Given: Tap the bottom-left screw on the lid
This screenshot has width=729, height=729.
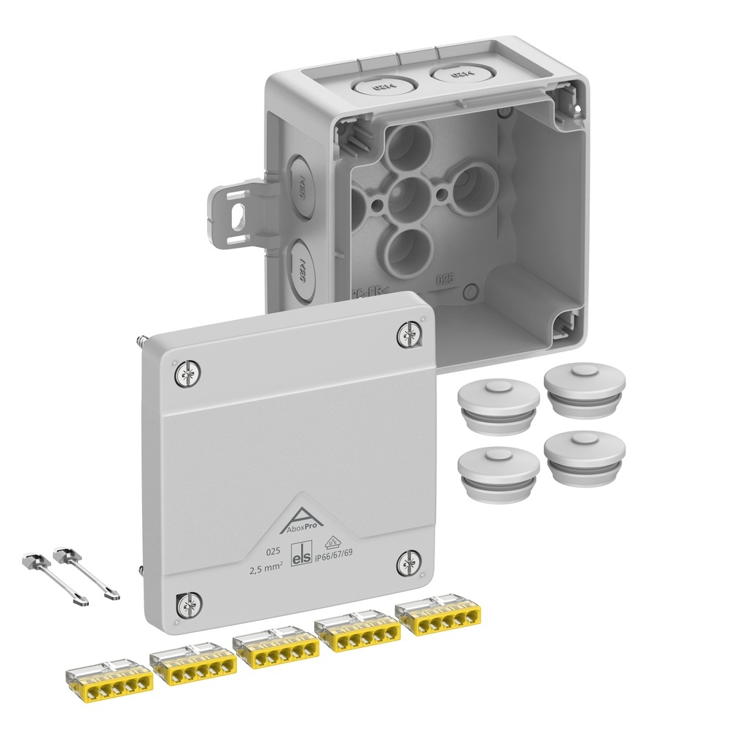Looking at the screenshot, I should pyautogui.click(x=187, y=603).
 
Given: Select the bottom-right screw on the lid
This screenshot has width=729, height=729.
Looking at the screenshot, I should pyautogui.click(x=408, y=564).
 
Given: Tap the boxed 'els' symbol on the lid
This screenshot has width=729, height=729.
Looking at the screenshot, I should pyautogui.click(x=301, y=555).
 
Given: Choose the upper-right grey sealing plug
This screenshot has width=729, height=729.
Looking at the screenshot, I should pyautogui.click(x=585, y=391).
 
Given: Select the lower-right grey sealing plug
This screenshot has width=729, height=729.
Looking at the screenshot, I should pyautogui.click(x=584, y=456).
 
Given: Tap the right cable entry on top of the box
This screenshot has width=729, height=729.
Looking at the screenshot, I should pyautogui.click(x=456, y=74).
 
